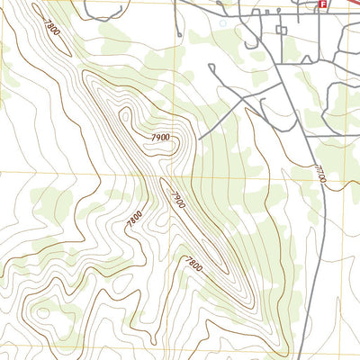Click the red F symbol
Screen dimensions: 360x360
click(x=321, y=4)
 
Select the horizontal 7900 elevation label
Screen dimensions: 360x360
click(x=160, y=136)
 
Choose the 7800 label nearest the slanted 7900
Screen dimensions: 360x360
click(x=135, y=217)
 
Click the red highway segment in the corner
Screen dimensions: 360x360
click(x=346, y=4)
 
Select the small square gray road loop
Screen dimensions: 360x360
click(x=282, y=30)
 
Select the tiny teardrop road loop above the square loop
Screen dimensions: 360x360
click(x=278, y=13)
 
